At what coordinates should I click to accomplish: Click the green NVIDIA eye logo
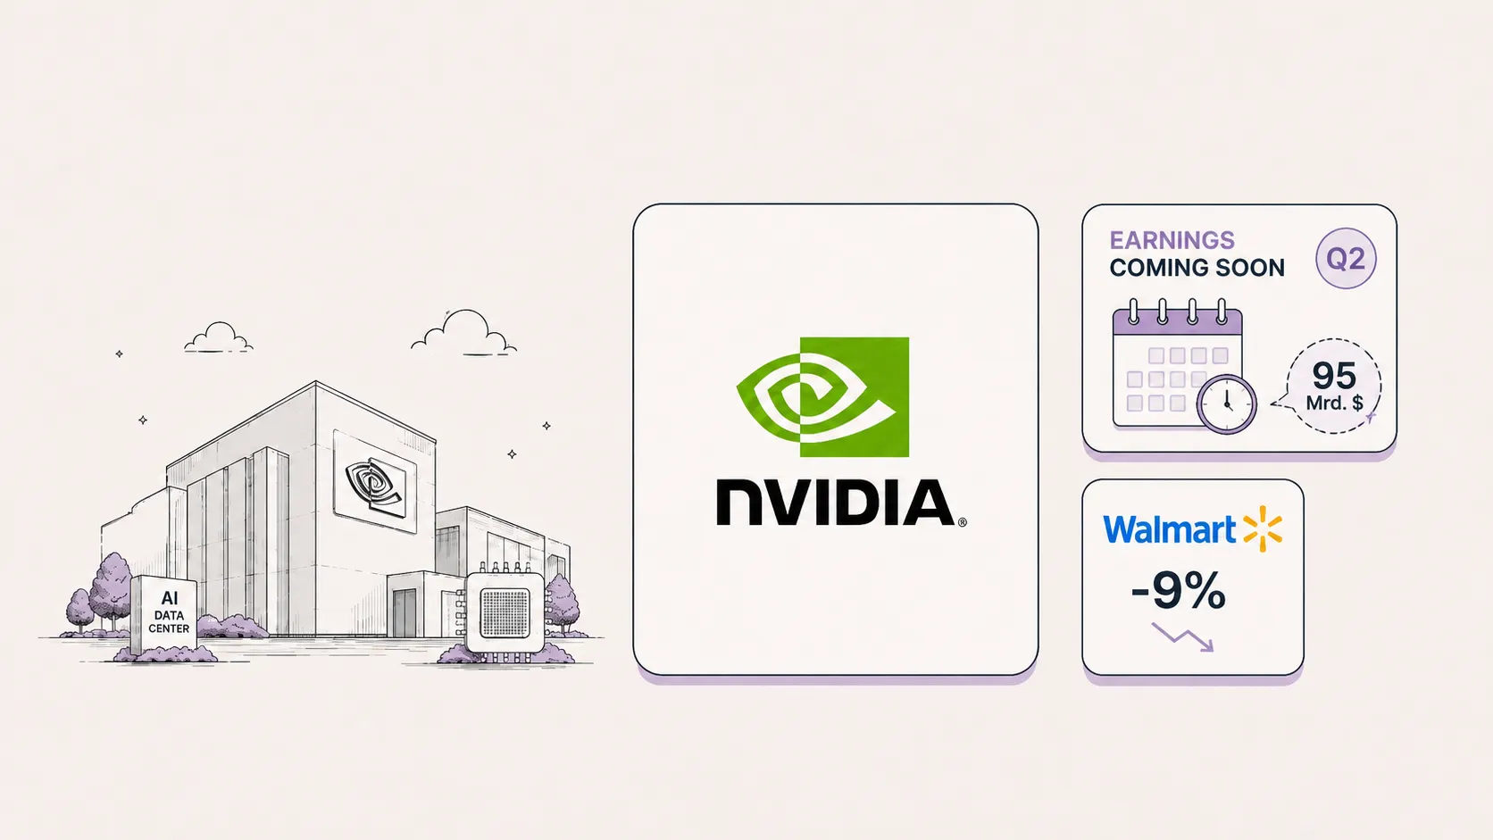point(822,397)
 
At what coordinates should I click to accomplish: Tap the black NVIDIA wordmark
point(840,503)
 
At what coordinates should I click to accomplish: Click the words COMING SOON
point(1197,268)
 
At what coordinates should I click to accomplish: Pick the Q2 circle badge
point(1346,259)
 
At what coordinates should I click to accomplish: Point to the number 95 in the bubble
point(1334,377)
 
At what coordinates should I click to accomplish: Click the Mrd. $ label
point(1334,403)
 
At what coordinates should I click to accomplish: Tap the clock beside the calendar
point(1226,404)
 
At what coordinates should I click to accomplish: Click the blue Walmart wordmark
point(1170,530)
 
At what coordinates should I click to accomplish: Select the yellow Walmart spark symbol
point(1263,529)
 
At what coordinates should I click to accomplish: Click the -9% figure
point(1179,590)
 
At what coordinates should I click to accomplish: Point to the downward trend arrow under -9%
point(1182,636)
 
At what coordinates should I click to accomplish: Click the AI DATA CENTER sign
point(164,614)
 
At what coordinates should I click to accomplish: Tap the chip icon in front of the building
point(505,613)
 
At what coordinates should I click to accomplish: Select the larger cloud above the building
point(464,333)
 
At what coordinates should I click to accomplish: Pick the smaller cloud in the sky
point(218,337)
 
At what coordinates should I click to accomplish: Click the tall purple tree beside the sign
point(112,589)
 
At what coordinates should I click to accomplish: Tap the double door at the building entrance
point(405,613)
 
